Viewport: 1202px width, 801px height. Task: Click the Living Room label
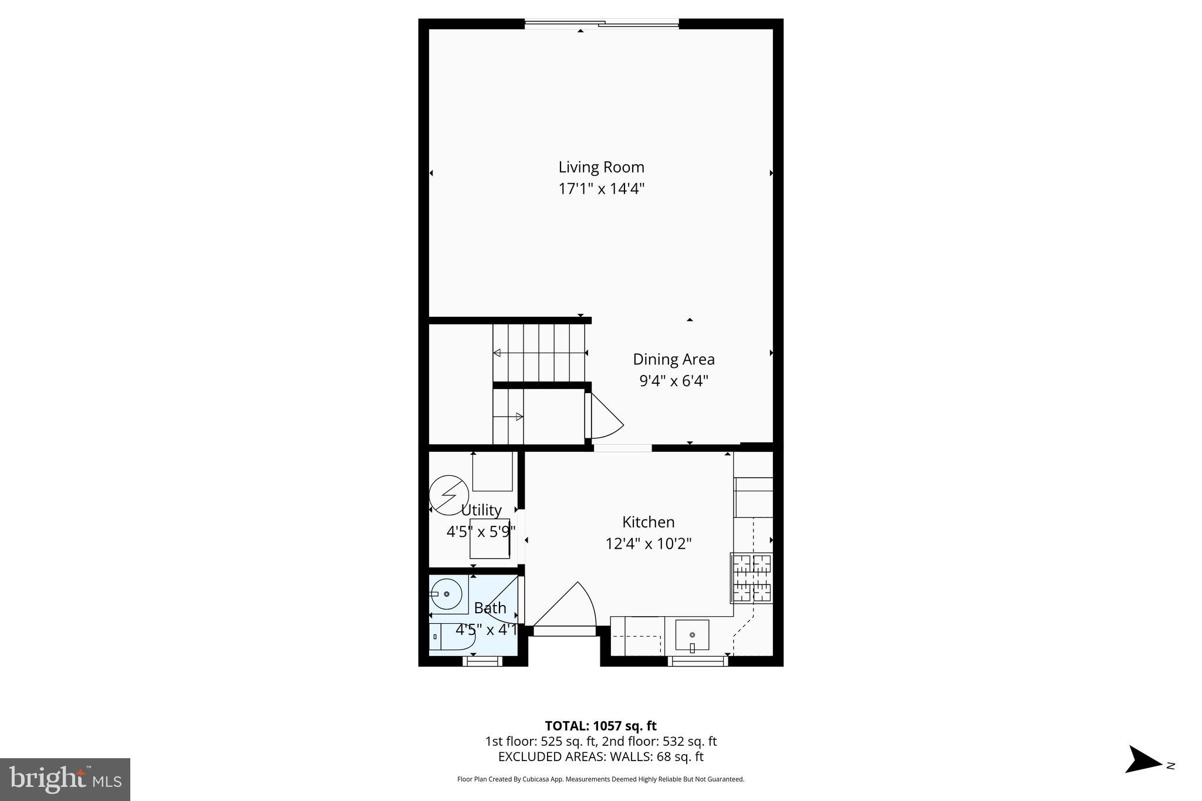[601, 167]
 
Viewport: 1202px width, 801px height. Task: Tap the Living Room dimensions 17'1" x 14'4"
[601, 189]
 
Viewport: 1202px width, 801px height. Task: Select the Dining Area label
[673, 359]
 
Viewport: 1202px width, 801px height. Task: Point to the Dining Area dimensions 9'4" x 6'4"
[673, 381]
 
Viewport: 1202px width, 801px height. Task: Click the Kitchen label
[648, 522]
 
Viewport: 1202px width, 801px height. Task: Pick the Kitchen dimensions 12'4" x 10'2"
[648, 543]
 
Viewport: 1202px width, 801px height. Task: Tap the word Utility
[481, 510]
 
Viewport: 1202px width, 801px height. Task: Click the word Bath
[489, 608]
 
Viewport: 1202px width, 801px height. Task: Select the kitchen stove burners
[751, 578]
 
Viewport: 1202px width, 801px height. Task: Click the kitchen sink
[692, 635]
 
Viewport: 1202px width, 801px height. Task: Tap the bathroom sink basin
[447, 594]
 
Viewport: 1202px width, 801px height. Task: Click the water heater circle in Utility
[449, 495]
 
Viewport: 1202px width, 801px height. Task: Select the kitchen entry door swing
[566, 607]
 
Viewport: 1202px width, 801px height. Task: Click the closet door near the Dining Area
[605, 417]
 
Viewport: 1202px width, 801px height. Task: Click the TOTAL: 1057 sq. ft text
[600, 726]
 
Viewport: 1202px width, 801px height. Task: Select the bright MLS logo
[65, 779]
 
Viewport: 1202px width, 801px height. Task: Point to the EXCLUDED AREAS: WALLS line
[600, 757]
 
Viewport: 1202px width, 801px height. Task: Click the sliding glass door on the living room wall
[601, 24]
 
